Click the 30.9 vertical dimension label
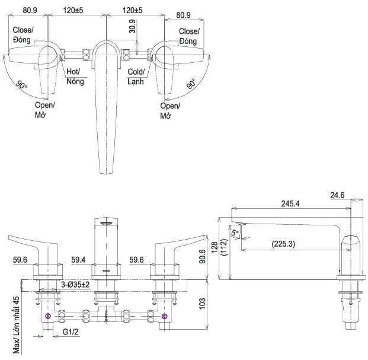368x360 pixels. tap(132, 26)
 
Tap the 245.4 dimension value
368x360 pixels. tap(290, 203)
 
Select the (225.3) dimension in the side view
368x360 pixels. tap(283, 244)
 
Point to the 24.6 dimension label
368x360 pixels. tap(337, 195)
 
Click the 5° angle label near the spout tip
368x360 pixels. tap(235, 232)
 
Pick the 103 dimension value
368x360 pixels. tap(202, 304)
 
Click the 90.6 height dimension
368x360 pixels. tap(202, 256)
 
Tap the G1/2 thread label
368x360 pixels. tap(71, 332)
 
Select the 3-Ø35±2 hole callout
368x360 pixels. tap(75, 285)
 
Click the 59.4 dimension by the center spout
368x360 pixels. tap(78, 260)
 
